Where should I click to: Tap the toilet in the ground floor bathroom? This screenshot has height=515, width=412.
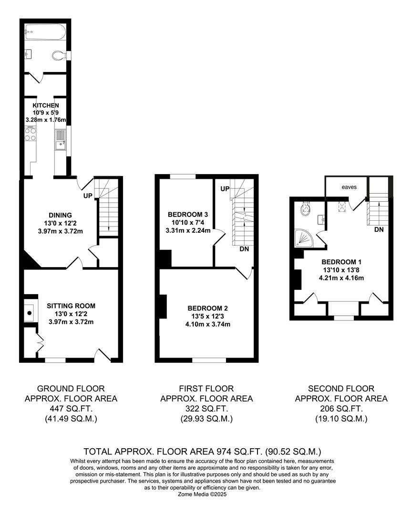point(59,56)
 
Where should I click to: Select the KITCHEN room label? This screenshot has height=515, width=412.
point(46,105)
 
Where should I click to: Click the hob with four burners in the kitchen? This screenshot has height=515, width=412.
point(30,134)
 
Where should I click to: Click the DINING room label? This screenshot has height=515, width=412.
point(60,215)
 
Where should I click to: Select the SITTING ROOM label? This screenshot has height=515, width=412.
point(71,306)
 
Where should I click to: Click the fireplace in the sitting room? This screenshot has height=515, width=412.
point(30,313)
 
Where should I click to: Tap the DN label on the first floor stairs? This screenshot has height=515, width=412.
point(244,249)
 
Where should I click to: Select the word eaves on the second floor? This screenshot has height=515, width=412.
point(348,187)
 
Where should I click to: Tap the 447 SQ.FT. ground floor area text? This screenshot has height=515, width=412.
point(71,409)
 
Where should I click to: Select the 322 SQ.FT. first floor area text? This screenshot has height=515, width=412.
point(206,409)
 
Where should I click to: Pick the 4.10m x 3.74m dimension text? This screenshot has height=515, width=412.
point(207,324)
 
